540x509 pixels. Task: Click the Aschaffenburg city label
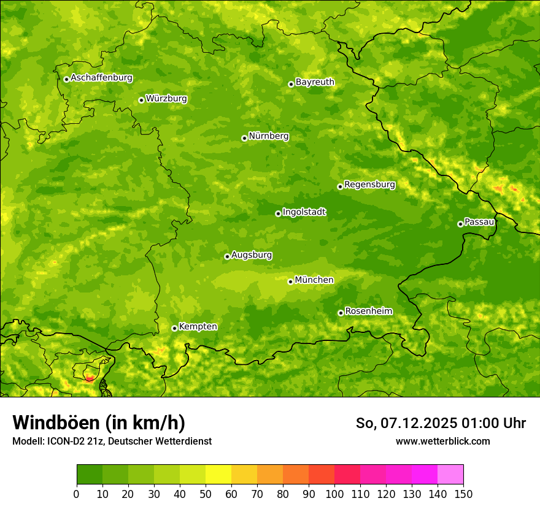101,78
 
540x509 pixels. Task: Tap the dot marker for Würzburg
141,100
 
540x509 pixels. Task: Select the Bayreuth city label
315,82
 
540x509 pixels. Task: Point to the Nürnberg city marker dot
244,138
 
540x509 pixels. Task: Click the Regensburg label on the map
369,185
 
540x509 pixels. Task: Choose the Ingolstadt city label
304,212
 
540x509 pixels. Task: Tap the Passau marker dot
460,224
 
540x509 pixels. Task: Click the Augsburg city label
252,255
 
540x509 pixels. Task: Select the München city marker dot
290,281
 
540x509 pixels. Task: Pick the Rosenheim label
368,312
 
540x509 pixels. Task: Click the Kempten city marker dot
174,328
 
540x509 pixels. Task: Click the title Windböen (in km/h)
98,423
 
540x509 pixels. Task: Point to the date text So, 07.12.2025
406,423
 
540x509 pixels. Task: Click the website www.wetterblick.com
442,441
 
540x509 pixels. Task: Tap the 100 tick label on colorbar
334,494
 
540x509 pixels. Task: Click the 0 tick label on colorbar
77,494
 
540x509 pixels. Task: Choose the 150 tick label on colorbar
463,494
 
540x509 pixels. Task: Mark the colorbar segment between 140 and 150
450,475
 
